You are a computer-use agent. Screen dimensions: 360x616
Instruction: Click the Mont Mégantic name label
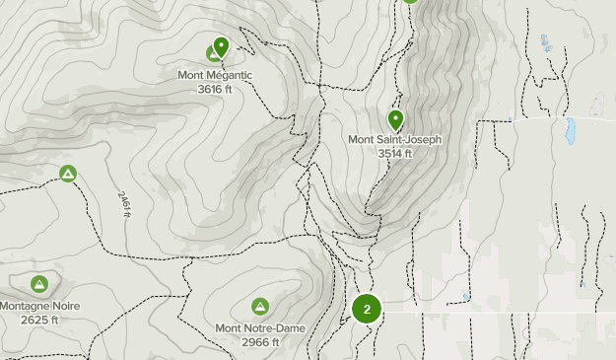215,75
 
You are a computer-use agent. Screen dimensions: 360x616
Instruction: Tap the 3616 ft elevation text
215,89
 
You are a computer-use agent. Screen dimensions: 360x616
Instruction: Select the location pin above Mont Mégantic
221,46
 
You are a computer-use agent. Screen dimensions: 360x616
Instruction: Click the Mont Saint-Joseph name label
394,139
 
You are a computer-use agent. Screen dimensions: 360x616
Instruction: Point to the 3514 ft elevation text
394,153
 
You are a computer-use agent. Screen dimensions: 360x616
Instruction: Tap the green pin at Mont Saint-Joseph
395,120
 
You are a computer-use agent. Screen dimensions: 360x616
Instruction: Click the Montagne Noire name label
39,306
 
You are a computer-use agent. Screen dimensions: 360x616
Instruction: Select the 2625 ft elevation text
39,320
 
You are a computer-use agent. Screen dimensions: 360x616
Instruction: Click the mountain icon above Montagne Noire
39,285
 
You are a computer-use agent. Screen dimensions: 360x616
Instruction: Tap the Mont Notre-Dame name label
260,327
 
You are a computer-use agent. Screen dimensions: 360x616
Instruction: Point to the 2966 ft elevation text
260,342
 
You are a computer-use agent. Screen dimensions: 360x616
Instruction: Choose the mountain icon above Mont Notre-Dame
260,307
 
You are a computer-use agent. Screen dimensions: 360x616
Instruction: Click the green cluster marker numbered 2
367,310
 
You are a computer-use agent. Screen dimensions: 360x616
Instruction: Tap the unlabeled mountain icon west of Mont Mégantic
68,175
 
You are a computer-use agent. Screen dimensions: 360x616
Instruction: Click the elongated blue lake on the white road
569,130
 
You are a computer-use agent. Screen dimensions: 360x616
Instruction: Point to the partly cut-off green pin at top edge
410,2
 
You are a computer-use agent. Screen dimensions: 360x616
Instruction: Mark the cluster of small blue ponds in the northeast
545,43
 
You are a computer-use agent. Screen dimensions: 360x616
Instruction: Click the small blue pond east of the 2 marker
466,296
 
